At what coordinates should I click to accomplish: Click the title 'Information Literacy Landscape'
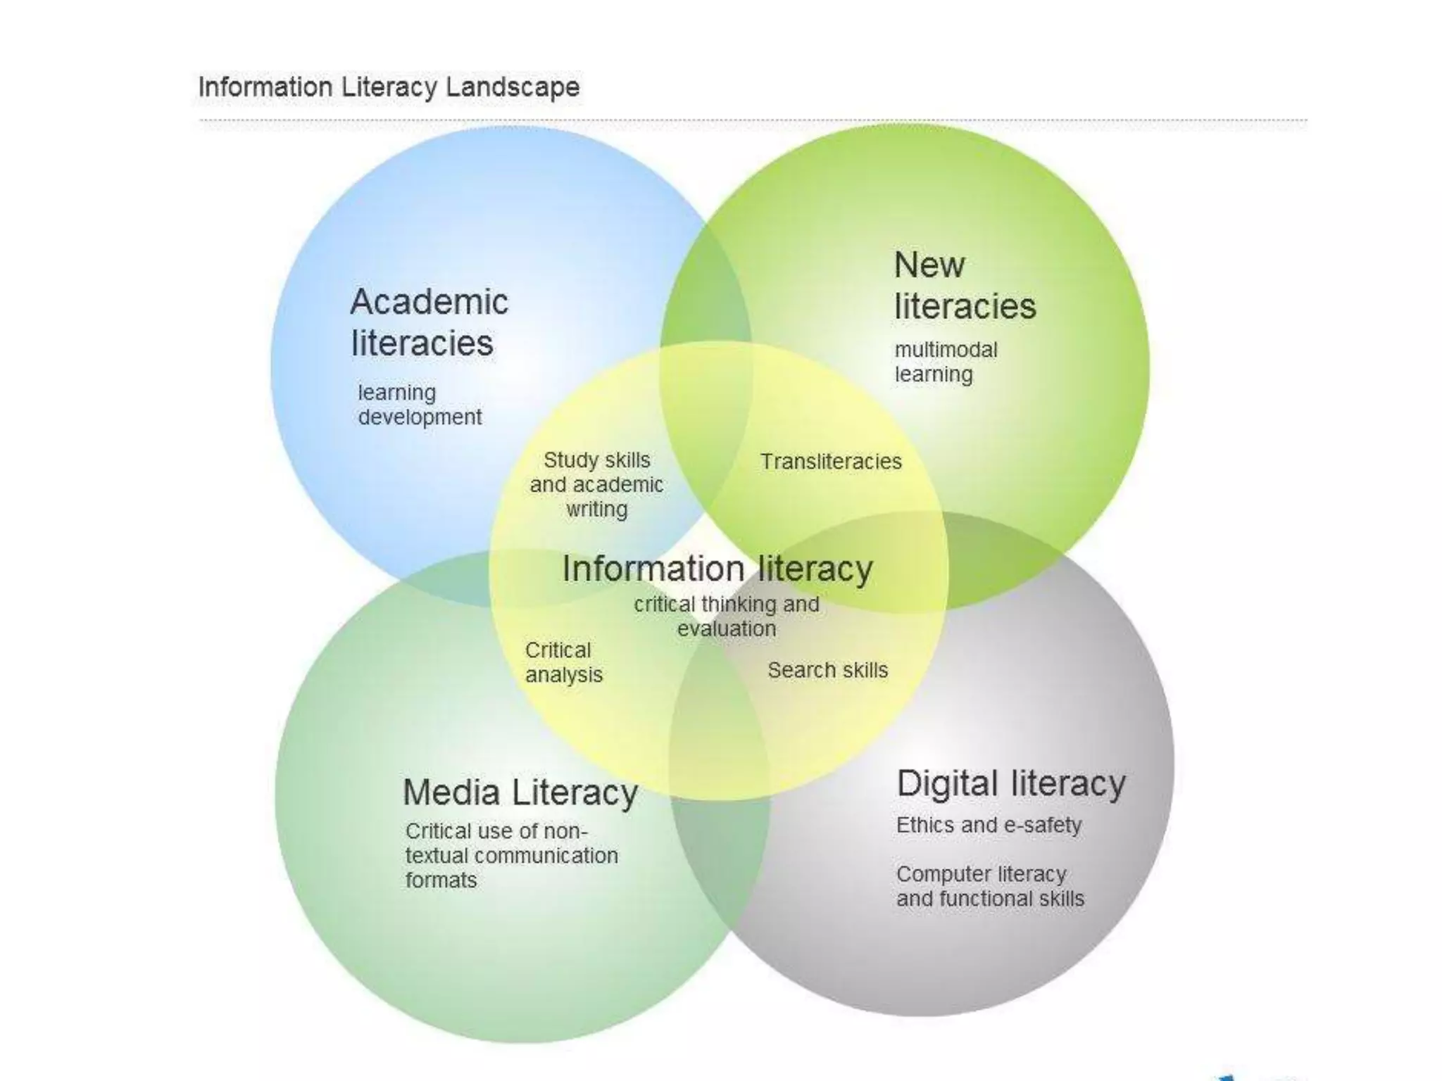coord(389,87)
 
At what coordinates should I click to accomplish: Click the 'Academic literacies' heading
coord(428,322)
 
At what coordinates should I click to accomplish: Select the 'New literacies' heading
coord(965,286)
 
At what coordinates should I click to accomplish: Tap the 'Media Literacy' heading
coord(520,792)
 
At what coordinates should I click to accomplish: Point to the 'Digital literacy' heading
coord(1011,784)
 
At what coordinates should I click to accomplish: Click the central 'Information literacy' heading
coord(717,569)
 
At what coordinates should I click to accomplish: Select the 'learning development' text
coord(420,405)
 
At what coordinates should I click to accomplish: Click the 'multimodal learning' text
coord(946,362)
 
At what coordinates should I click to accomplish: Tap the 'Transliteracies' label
coord(831,462)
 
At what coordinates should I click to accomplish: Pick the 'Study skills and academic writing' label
coord(596,484)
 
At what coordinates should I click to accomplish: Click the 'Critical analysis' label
coord(563,662)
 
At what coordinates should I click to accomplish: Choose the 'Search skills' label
coord(827,670)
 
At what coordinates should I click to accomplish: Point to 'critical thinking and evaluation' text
coord(727,616)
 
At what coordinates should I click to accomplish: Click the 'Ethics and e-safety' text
coord(989,825)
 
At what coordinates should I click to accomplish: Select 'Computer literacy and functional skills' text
coord(990,886)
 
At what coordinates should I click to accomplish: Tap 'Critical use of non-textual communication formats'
coord(511,855)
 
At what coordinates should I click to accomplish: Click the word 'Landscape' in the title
coord(512,87)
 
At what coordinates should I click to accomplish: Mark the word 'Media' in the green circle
coord(451,792)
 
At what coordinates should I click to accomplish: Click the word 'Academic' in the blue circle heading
coord(429,303)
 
